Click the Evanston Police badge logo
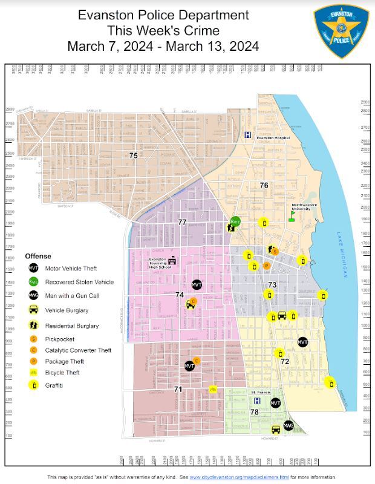(341, 31)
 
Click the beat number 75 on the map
(134, 155)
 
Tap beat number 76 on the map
(264, 185)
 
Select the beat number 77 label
(182, 222)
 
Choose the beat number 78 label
(255, 411)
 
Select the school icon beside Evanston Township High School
(172, 261)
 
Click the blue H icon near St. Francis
(257, 401)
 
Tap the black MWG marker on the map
(289, 425)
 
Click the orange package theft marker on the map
(266, 266)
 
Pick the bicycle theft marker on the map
(213, 389)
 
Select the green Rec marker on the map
(236, 222)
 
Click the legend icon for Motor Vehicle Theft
(34, 267)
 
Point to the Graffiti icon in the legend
(34, 385)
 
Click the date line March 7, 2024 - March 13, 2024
(163, 46)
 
